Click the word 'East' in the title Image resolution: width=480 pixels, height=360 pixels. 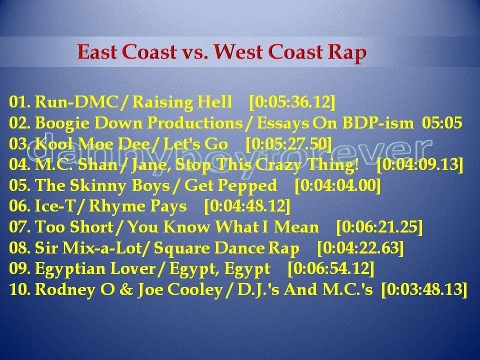pos(99,52)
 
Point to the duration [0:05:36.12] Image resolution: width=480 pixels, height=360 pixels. pos(292,102)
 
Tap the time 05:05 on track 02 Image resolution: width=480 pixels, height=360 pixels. pos(442,123)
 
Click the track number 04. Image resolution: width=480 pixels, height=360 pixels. pos(19,165)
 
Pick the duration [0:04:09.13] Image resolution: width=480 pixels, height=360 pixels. pos(419,165)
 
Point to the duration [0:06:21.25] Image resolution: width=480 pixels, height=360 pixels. pos(379,227)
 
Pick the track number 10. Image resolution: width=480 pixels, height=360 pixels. pos(19,290)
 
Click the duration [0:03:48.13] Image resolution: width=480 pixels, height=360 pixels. pos(424,290)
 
